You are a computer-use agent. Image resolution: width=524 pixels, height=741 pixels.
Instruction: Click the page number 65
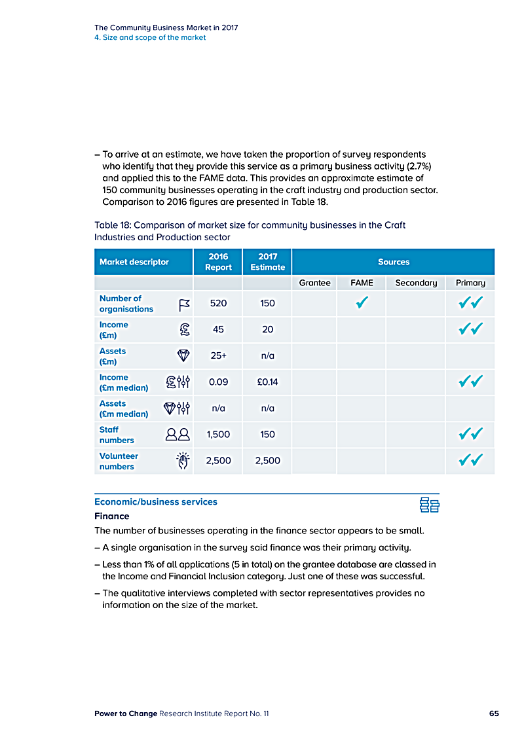pos(494,714)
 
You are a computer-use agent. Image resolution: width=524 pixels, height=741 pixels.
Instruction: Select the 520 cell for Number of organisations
pos(218,304)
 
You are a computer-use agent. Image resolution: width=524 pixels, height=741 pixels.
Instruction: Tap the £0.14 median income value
pos(267,382)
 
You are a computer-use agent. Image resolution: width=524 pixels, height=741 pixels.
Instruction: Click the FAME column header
pos(362,283)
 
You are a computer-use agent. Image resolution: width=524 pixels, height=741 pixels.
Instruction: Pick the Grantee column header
pos(314,283)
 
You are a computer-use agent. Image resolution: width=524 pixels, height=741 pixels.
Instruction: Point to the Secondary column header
pos(416,283)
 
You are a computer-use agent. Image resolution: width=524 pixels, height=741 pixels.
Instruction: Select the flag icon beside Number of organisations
pos(184,304)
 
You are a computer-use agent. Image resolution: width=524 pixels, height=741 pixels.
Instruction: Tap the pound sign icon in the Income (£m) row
pos(184,330)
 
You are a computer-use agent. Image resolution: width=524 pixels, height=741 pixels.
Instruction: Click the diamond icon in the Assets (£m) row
pos(184,356)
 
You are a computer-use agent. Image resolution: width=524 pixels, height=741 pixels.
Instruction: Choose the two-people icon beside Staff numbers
pos(178,435)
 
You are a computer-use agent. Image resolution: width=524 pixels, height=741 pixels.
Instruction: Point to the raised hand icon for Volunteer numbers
pos(184,461)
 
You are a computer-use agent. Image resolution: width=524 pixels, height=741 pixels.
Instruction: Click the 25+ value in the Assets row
pos(218,356)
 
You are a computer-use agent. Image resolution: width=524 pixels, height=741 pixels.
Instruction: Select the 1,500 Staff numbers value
pos(218,435)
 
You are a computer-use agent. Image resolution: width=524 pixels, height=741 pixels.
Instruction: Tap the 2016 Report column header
pos(218,262)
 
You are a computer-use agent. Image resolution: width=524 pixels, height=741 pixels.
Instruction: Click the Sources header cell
pos(393,262)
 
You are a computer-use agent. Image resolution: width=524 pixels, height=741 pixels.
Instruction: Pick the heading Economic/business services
pos(156,502)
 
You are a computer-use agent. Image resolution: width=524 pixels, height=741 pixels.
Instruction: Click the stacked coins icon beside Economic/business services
pos(429,505)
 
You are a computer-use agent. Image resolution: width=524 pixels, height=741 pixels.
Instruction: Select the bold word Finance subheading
pos(112,516)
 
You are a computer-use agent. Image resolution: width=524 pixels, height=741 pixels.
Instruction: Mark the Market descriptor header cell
pos(134,262)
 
